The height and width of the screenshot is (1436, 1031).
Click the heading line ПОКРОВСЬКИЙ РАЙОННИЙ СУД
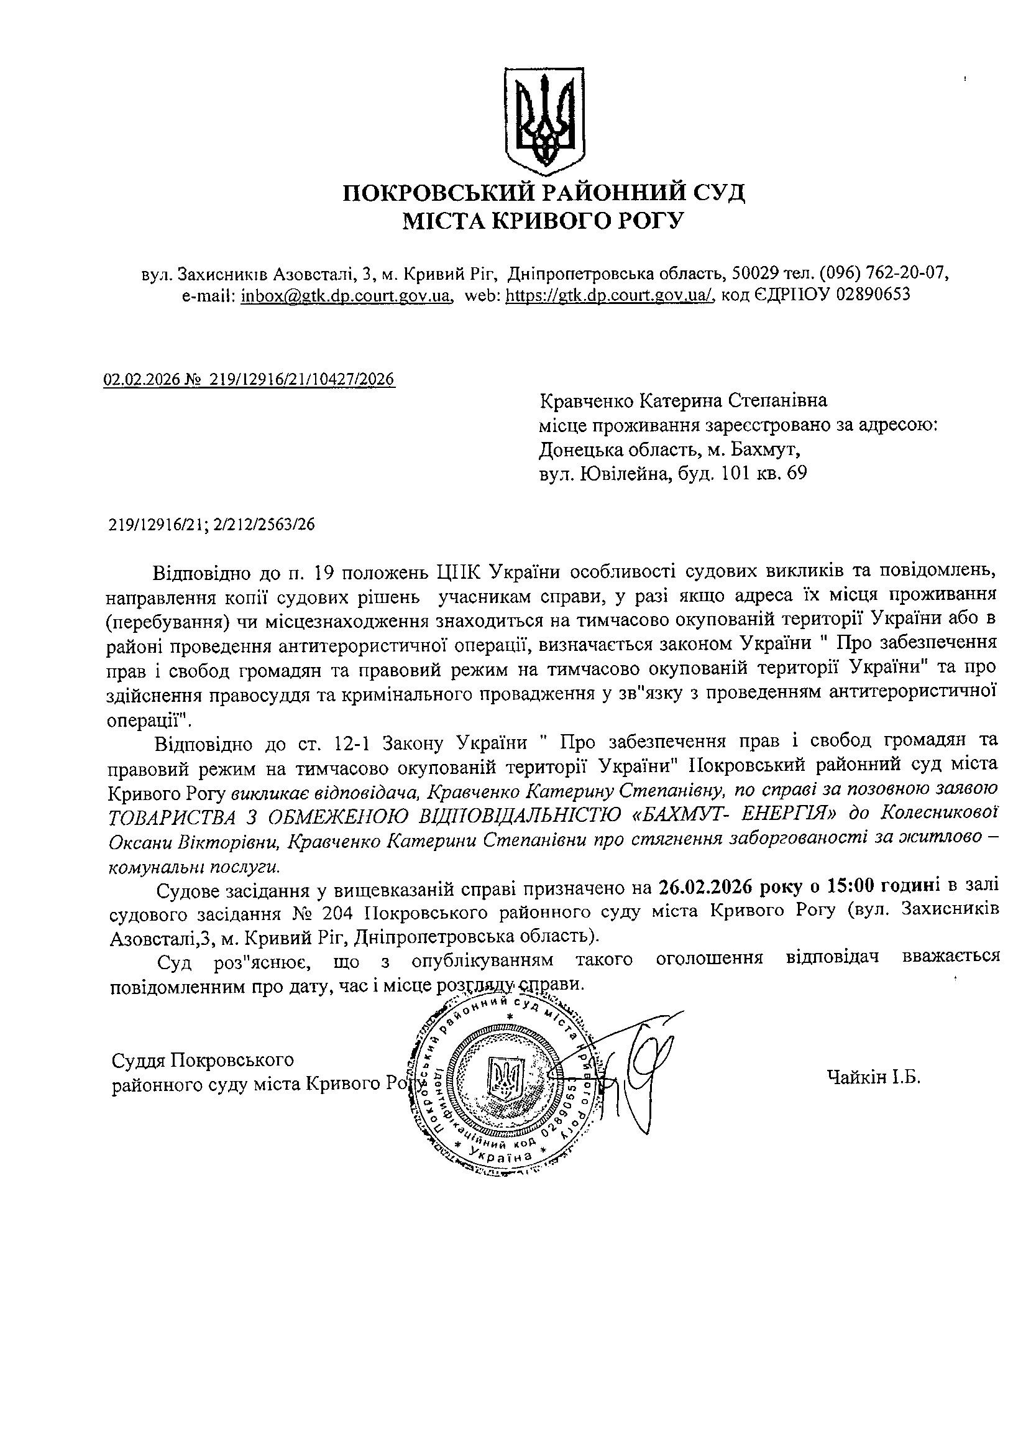[x=544, y=192]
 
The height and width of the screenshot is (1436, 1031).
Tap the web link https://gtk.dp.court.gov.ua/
[x=610, y=295]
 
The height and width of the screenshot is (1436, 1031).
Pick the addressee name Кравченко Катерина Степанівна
[x=683, y=401]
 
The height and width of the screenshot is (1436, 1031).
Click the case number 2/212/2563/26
[x=265, y=524]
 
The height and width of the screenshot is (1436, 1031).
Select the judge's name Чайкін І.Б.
[x=873, y=1076]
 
